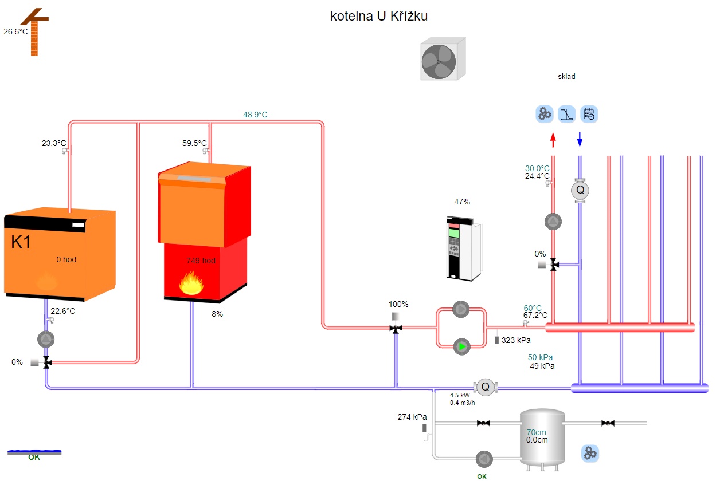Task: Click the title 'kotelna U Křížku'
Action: [379, 17]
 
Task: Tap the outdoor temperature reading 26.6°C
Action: [15, 32]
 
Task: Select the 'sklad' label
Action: [566, 77]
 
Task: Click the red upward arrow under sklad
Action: [553, 139]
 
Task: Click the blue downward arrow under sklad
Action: [580, 139]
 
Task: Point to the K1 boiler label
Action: [21, 243]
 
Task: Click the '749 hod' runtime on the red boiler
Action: [201, 261]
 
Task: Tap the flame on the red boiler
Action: [192, 283]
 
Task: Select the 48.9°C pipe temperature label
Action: [255, 115]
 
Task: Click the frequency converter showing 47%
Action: [463, 248]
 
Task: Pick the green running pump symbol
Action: [461, 346]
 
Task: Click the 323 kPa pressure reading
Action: [516, 341]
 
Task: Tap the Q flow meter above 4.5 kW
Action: [485, 387]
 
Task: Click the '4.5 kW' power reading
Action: [460, 396]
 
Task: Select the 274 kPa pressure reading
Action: [412, 417]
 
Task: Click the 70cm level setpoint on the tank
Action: [537, 432]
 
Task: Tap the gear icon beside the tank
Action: [590, 454]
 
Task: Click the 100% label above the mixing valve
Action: [398, 305]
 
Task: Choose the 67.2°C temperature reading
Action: [535, 316]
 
